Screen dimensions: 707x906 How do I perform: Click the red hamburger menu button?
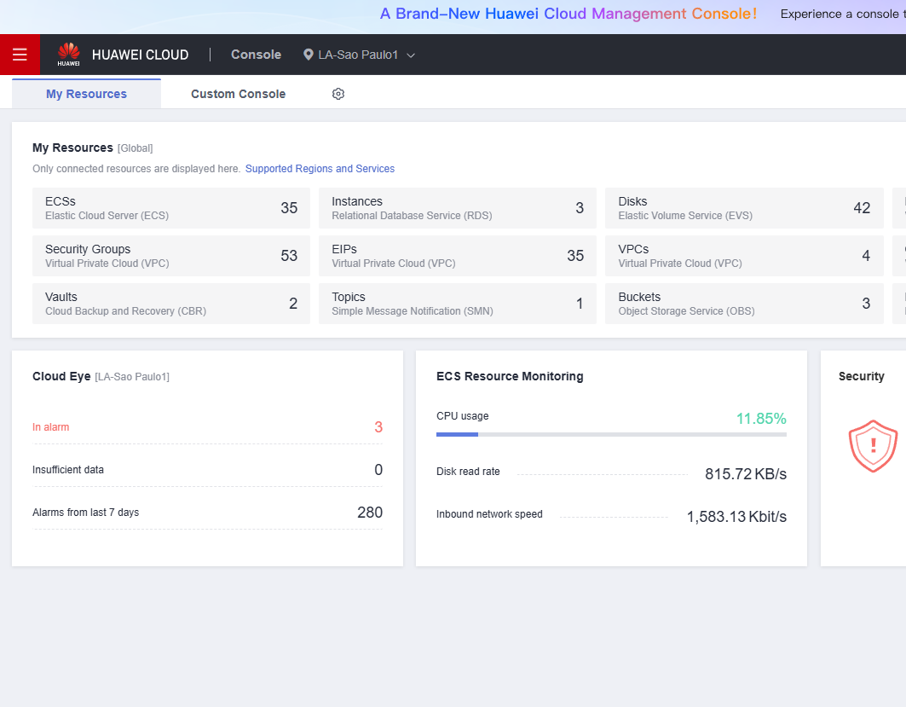pos(20,55)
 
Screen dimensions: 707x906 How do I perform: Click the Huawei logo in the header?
pos(69,54)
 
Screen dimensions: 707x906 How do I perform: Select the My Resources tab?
pos(86,94)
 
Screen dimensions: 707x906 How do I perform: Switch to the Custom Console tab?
pos(238,94)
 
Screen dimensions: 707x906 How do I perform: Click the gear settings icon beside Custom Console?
pos(338,94)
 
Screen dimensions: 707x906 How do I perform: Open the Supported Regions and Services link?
pos(320,169)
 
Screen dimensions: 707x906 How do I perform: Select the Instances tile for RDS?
pos(458,208)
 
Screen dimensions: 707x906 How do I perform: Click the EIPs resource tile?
pos(458,256)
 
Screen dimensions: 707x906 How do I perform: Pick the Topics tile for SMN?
pos(458,304)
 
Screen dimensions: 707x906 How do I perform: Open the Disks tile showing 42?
pos(744,208)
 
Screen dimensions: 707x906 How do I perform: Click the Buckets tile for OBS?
pos(744,304)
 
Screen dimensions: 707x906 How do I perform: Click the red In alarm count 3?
pos(378,427)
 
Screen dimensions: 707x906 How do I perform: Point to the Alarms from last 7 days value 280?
pos(370,513)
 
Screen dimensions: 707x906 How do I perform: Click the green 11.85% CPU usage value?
pos(761,419)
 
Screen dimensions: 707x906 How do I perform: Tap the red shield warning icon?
pos(873,446)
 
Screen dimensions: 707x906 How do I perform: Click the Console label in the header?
pos(256,55)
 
